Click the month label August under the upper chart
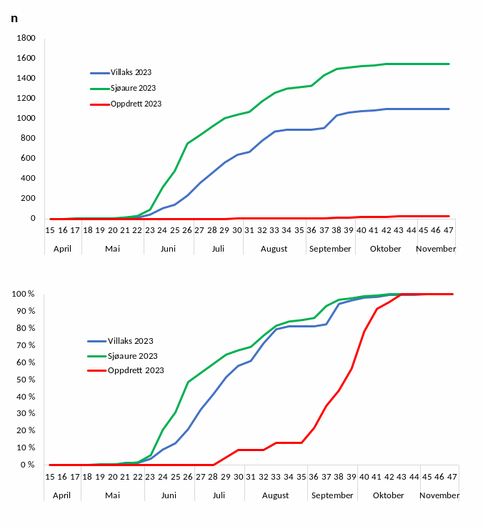(x=274, y=249)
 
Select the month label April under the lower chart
(x=62, y=495)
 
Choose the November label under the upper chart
(x=436, y=249)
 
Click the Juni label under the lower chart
(x=169, y=495)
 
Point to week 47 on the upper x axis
(x=449, y=230)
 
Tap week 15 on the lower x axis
(x=50, y=477)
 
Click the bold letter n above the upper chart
(x=14, y=18)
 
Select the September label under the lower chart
(x=332, y=495)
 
